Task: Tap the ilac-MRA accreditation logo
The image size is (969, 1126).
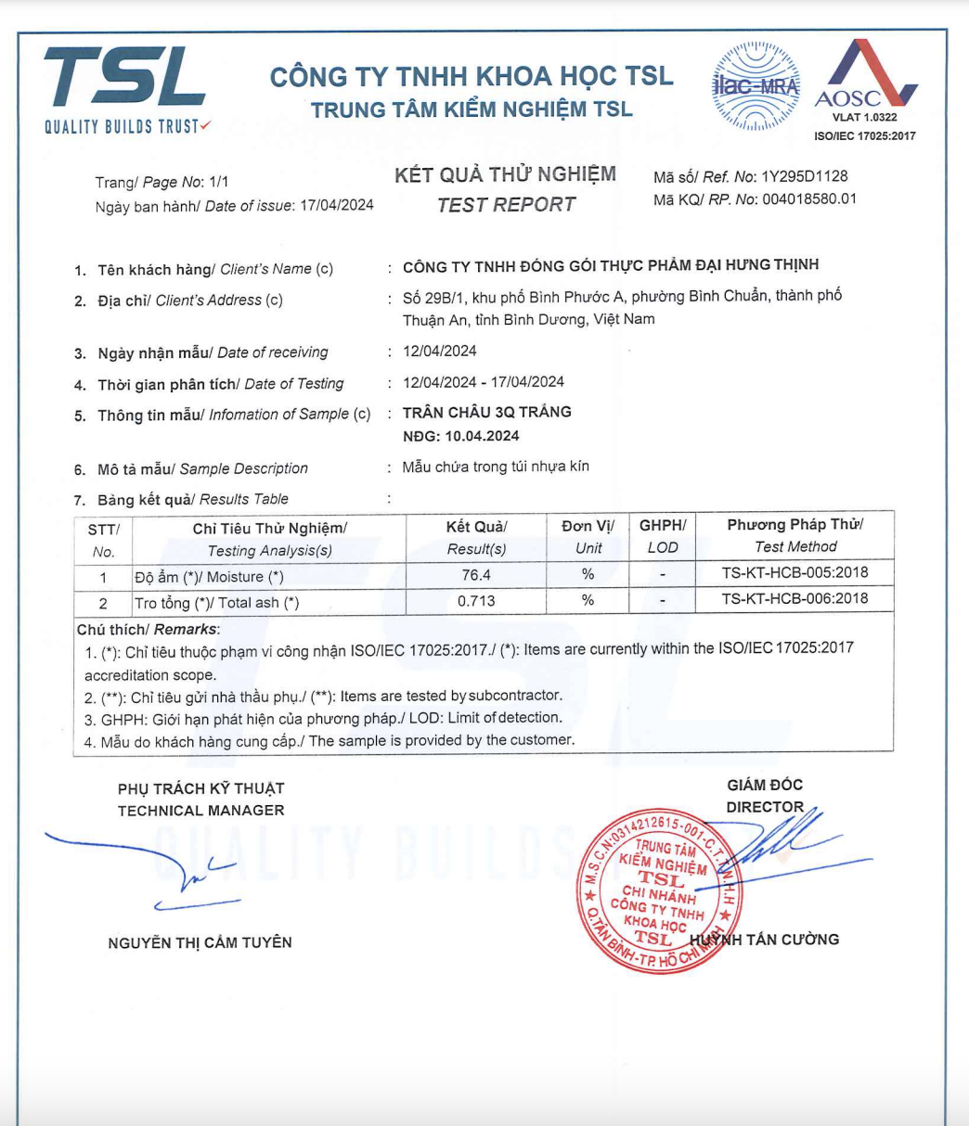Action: coord(756,85)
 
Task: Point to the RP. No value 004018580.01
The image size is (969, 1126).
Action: coord(808,198)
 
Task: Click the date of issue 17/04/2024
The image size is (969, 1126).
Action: coord(337,206)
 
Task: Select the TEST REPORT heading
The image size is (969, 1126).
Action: coord(506,205)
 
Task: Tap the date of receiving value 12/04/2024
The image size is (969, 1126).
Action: coord(440,352)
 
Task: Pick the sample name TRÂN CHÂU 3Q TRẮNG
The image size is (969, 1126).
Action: coord(487,412)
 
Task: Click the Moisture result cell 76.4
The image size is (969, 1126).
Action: coord(476,576)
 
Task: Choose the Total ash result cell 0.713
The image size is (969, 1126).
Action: coord(476,601)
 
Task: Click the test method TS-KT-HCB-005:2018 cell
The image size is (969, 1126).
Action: coord(795,572)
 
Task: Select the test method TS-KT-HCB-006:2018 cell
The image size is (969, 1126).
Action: coord(795,598)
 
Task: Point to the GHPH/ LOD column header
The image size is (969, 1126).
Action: coord(662,536)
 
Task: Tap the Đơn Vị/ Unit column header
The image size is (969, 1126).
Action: coord(588,536)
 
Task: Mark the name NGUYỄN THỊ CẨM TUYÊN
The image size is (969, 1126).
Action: coord(200,942)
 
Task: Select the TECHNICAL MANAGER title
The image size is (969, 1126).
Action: coord(200,811)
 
